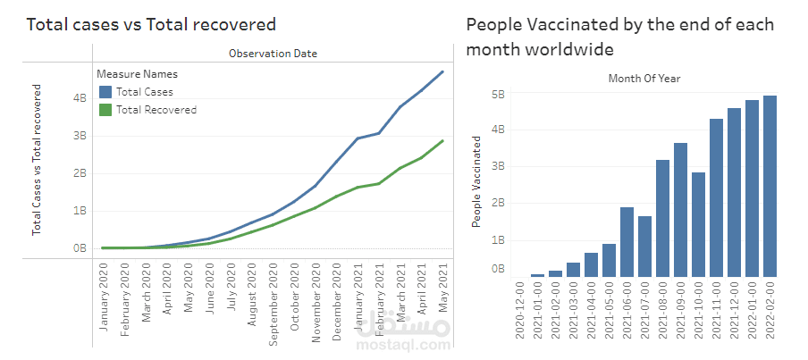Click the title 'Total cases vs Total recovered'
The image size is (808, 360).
point(151,25)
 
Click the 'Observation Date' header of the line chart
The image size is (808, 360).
point(273,54)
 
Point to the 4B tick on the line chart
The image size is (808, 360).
point(80,97)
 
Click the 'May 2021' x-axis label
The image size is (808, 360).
point(442,298)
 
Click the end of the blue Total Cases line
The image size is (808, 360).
point(442,71)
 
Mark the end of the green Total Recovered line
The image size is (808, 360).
point(442,140)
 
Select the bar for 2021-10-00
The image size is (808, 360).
point(698,224)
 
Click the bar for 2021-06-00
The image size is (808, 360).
point(627,241)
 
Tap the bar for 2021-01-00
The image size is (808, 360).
point(537,274)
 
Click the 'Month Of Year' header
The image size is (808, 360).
point(644,79)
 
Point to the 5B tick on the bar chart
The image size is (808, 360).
point(499,93)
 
